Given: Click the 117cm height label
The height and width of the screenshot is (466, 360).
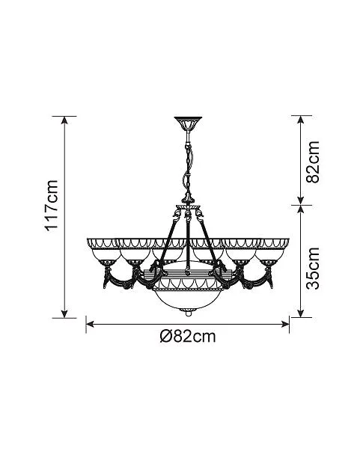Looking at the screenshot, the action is click(x=51, y=206).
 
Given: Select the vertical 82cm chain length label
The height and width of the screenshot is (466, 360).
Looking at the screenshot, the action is click(x=312, y=162).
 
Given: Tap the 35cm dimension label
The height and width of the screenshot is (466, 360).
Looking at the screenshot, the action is click(x=312, y=269).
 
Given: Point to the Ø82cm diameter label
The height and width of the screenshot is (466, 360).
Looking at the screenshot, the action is click(x=188, y=337).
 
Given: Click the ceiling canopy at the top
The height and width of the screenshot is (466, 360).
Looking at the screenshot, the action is click(x=188, y=123).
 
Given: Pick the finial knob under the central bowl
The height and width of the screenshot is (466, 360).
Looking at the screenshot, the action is click(x=188, y=313).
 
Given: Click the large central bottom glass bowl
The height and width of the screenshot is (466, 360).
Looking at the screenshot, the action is click(x=188, y=292).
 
